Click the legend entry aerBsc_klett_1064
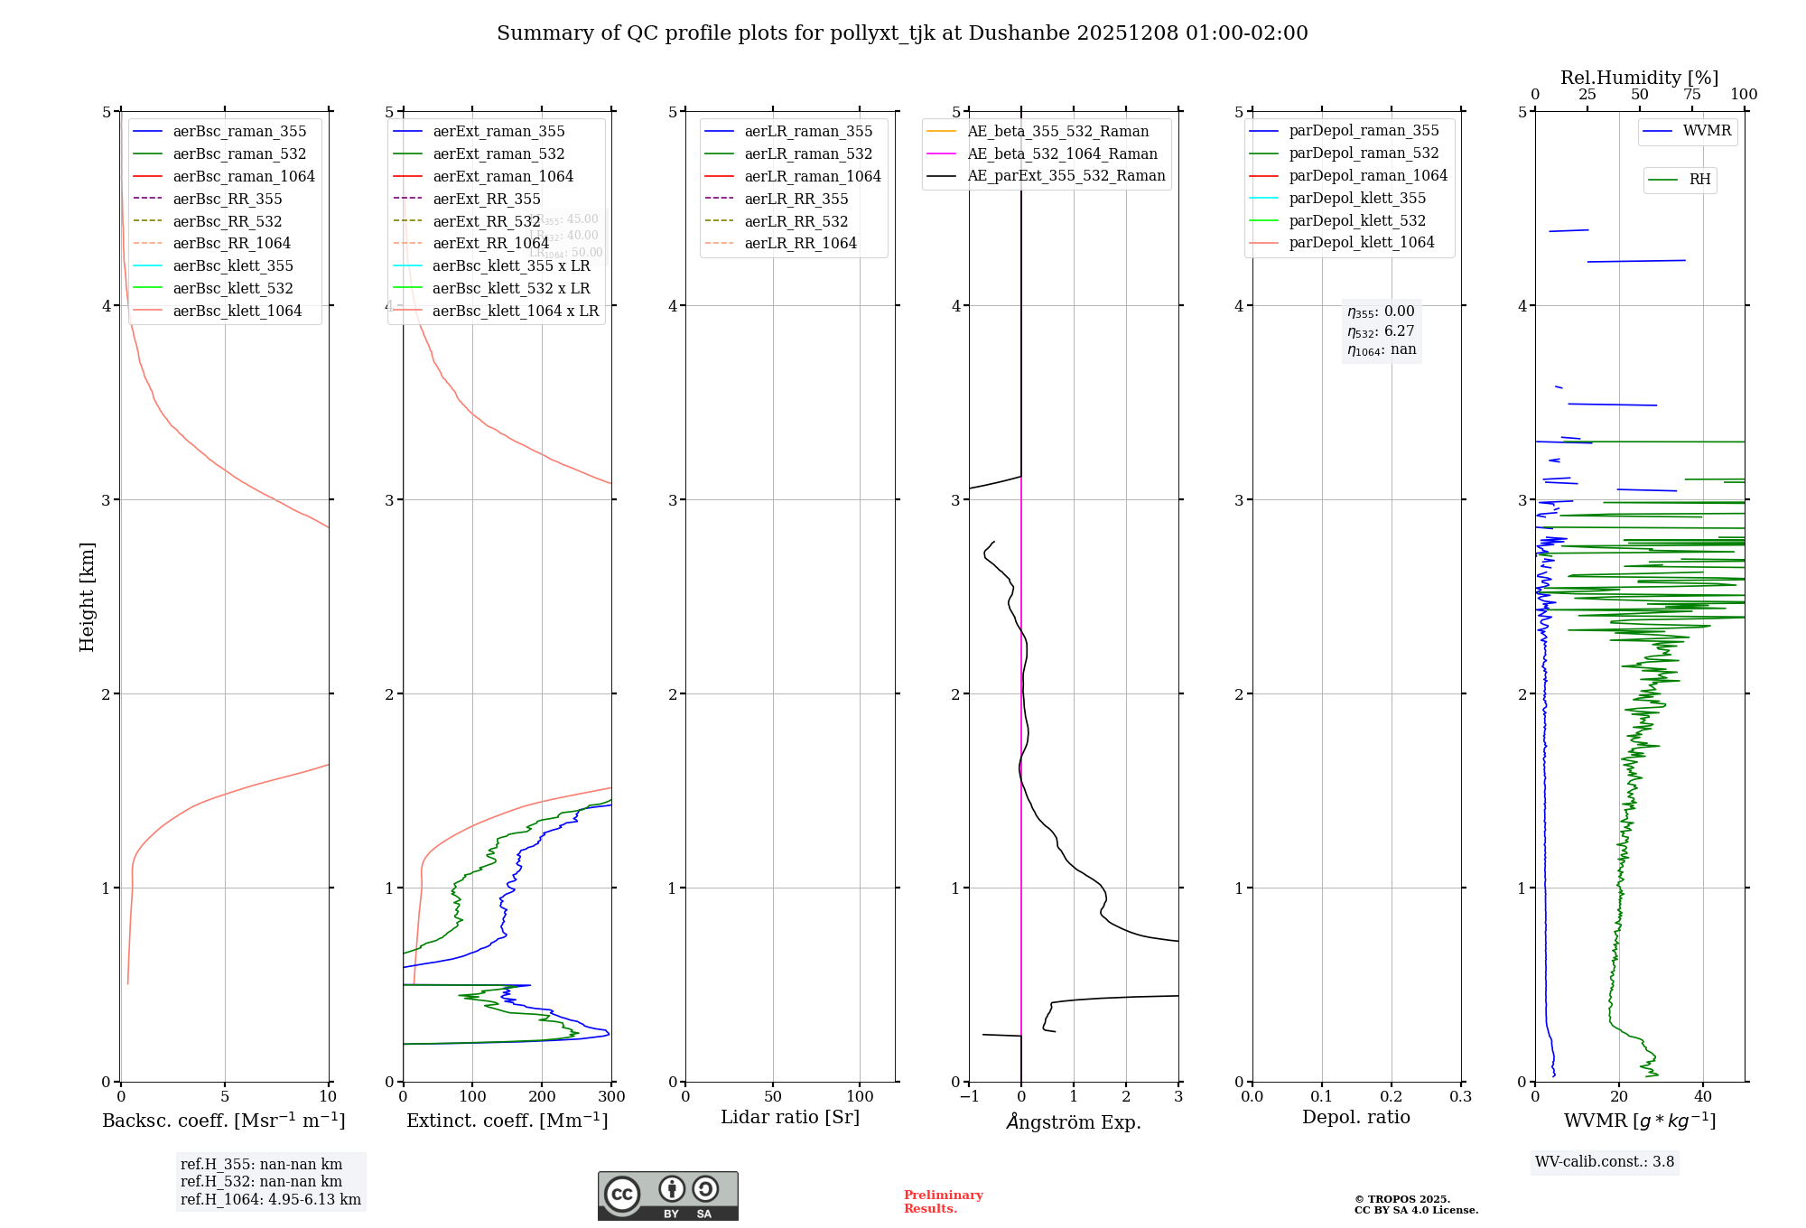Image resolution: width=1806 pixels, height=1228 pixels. tap(237, 311)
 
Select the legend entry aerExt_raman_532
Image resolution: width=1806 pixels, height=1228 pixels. tap(498, 153)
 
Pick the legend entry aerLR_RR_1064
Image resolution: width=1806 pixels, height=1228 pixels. tap(800, 243)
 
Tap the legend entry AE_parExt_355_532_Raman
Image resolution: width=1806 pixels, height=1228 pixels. tap(1066, 175)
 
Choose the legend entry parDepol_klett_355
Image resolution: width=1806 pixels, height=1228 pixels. tap(1357, 198)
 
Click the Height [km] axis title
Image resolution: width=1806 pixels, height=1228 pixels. tap(87, 597)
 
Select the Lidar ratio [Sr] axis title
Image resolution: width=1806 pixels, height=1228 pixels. tap(790, 1117)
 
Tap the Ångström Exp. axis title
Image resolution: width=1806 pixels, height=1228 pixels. tap(1074, 1121)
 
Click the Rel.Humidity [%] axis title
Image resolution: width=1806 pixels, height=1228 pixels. tap(1639, 78)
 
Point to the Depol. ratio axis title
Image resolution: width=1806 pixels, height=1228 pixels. tap(1355, 1117)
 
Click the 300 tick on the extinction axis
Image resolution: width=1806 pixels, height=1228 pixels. tap(611, 1096)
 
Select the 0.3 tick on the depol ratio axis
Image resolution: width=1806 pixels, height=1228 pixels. tap(1460, 1096)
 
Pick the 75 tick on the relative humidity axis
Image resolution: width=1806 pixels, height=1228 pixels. tap(1692, 95)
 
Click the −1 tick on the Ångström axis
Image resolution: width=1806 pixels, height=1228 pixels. tap(969, 1096)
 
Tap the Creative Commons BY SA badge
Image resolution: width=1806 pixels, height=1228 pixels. tap(667, 1195)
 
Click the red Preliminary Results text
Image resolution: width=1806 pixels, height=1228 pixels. tap(943, 1201)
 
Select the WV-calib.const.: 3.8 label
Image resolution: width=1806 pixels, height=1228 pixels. tap(1605, 1161)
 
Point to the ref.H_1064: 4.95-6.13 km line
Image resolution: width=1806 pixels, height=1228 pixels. tap(270, 1199)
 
